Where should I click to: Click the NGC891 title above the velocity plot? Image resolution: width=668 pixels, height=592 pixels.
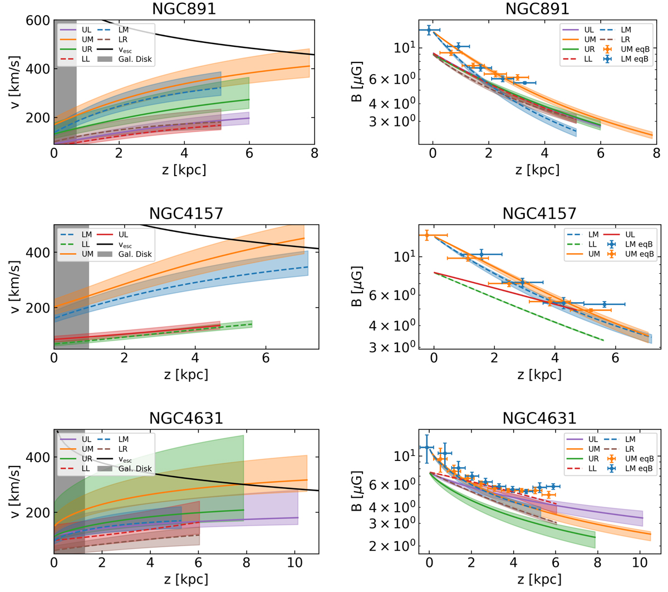pyautogui.click(x=184, y=9)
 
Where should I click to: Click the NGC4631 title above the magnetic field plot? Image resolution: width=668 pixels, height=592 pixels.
pyautogui.click(x=539, y=418)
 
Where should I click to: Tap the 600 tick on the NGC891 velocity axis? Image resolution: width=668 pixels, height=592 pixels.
pyautogui.click(x=37, y=21)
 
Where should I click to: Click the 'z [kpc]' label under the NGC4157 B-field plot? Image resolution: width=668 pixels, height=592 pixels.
pyautogui.click(x=539, y=375)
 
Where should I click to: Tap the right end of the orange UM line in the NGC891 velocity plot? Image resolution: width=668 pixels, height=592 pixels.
pyautogui.click(x=310, y=66)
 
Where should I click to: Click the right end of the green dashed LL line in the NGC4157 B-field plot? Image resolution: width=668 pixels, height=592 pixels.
pyautogui.click(x=603, y=340)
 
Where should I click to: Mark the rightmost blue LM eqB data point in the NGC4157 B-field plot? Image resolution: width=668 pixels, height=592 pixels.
pyautogui.click(x=605, y=304)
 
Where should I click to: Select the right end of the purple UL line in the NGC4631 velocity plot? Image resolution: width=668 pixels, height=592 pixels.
pyautogui.click(x=298, y=517)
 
